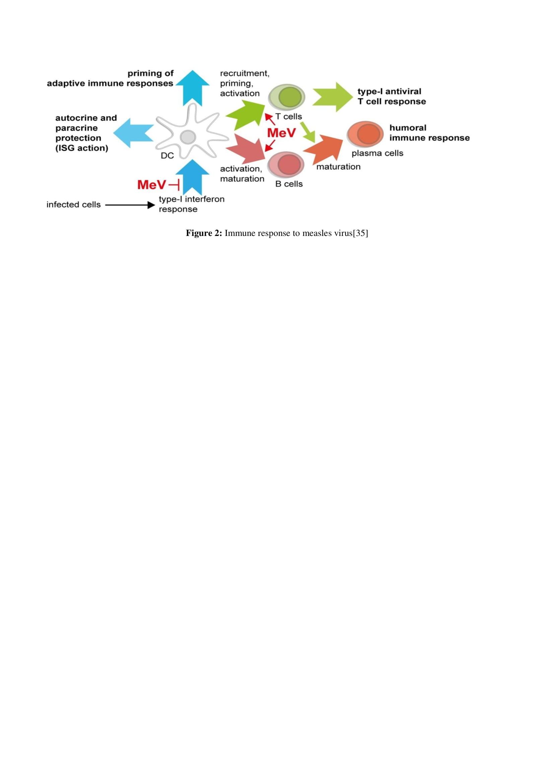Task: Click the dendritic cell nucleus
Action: [x=188, y=137]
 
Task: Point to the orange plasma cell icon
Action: [x=365, y=133]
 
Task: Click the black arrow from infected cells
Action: [x=130, y=205]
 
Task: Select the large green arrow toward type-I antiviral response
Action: [x=332, y=97]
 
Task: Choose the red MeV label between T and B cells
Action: [x=281, y=133]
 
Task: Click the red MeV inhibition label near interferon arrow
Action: [x=152, y=185]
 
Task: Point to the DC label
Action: [x=167, y=156]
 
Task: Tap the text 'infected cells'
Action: [x=73, y=204]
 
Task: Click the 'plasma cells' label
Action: [x=377, y=153]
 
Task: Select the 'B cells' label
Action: [x=289, y=184]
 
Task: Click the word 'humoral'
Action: [x=408, y=128]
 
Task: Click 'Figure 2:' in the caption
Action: [x=204, y=233]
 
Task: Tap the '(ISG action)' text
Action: [x=82, y=148]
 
